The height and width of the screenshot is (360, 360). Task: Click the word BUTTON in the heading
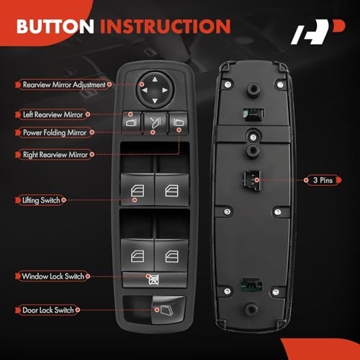pyautogui.click(x=55, y=26)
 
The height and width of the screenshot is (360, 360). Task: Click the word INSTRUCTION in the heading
pyautogui.click(x=166, y=26)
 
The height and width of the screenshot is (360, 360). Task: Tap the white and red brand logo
pyautogui.click(x=318, y=32)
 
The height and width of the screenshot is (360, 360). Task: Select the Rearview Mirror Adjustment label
pyautogui.click(x=63, y=84)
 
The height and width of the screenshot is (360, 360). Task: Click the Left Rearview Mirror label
pyautogui.click(x=53, y=114)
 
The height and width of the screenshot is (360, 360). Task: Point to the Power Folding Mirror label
pyautogui.click(x=55, y=132)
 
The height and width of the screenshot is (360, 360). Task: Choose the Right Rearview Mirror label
pyautogui.click(x=55, y=155)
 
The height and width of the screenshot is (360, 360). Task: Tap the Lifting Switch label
pyautogui.click(x=41, y=200)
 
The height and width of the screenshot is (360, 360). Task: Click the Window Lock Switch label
pyautogui.click(x=53, y=276)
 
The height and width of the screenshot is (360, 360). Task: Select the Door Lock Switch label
pyautogui.click(x=48, y=310)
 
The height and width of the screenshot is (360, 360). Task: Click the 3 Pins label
pyautogui.click(x=323, y=180)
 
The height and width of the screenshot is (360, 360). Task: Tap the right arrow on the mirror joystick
pyautogui.click(x=165, y=90)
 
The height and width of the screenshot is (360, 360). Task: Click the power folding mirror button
pyautogui.click(x=155, y=122)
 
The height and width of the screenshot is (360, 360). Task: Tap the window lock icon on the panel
pyautogui.click(x=154, y=280)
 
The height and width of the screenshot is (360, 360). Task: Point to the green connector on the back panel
pyautogui.click(x=251, y=285)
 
